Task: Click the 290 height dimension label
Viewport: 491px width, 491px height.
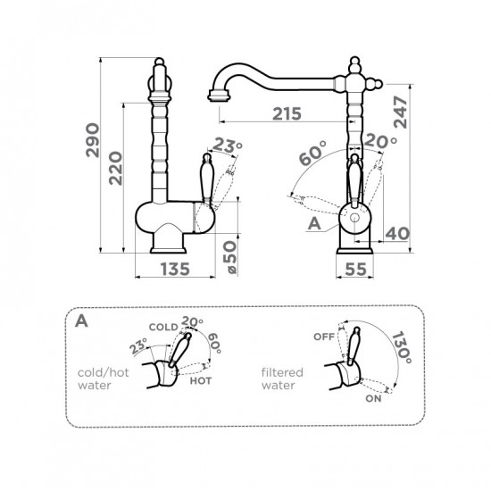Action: [x=93, y=140]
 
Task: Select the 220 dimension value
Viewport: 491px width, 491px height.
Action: [x=115, y=168]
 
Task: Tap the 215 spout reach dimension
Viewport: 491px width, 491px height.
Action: [x=287, y=113]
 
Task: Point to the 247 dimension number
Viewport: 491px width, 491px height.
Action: [x=400, y=112]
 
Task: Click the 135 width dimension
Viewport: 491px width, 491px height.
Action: [x=175, y=269]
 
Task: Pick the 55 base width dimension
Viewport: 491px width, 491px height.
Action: [x=355, y=269]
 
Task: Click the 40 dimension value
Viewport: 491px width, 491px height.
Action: [x=397, y=234]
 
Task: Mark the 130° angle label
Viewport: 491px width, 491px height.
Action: [x=402, y=347]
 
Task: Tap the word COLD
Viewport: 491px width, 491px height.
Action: [x=163, y=328]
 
